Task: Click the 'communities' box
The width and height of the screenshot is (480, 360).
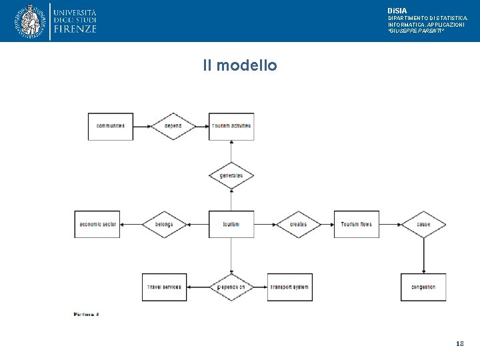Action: point(111,126)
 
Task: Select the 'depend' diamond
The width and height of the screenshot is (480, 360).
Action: point(173,126)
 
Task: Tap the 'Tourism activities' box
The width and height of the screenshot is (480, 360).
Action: point(231,126)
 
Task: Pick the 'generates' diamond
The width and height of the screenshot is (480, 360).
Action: point(231,175)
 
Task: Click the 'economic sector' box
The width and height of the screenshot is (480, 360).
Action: point(97,224)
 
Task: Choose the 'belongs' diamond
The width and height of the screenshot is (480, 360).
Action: point(164,224)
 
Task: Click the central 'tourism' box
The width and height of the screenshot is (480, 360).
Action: point(231,224)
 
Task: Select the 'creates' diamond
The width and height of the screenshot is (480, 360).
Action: point(298,224)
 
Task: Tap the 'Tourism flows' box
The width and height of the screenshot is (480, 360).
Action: point(356,224)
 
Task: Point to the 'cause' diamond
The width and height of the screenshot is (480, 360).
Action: point(423,224)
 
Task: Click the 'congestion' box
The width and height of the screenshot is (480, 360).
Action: point(423,287)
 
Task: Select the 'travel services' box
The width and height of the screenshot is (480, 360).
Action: point(164,287)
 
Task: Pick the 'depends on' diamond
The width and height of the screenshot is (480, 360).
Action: point(231,287)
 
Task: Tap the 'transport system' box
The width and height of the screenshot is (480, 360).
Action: point(289,287)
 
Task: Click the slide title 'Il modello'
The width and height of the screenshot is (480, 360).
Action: point(240,65)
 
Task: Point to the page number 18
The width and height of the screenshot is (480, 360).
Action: point(459,344)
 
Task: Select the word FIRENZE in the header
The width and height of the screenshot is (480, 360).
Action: point(75,29)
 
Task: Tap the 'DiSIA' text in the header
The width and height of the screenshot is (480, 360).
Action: point(397,11)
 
